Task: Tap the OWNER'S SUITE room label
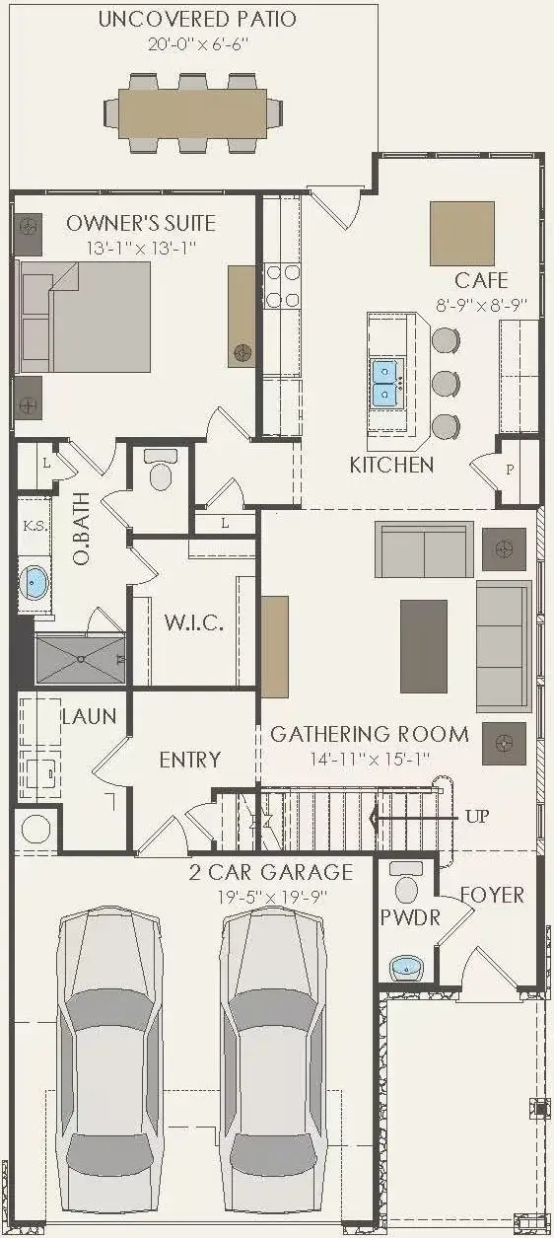point(140,223)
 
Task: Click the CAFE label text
point(481,280)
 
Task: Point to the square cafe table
point(461,233)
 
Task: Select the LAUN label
point(89,716)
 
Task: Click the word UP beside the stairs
point(476,817)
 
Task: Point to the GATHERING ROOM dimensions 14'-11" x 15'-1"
point(370,759)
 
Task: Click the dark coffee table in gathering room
point(424,646)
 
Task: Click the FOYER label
point(492,895)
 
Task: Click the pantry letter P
point(510,470)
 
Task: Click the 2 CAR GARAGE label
point(271,872)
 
